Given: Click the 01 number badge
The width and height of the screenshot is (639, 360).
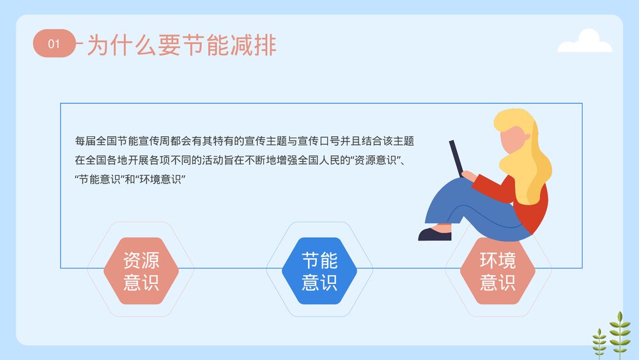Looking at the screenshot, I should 54,43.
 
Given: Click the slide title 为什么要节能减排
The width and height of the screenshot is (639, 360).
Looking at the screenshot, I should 181,45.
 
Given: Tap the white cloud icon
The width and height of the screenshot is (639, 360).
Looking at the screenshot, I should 584,42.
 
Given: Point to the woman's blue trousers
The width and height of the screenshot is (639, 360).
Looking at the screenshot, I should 473,205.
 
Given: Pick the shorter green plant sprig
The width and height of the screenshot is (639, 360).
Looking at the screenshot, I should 599,343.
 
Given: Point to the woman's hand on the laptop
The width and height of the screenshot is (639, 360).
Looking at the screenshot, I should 468,174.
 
